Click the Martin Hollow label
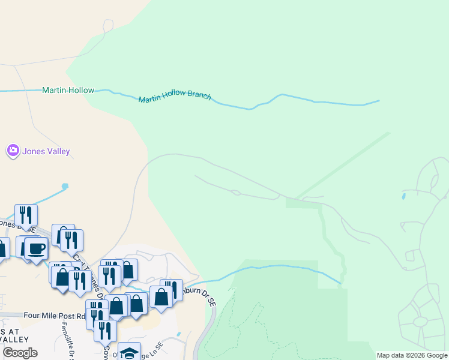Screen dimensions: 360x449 click(68, 90)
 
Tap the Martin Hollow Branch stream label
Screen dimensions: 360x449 click(175, 97)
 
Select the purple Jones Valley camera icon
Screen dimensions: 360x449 click(13, 151)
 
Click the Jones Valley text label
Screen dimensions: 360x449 click(46, 152)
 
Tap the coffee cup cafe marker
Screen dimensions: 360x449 click(35, 248)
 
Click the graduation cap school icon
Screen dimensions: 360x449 click(129, 353)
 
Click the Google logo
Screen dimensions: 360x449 click(20, 353)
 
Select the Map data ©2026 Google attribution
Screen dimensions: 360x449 click(412, 355)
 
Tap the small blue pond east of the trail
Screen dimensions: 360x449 click(403, 196)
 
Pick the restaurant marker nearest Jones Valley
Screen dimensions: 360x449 click(26, 215)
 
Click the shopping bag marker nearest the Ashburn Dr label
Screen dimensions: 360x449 click(161, 296)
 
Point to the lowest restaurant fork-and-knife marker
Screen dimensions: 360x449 click(106, 331)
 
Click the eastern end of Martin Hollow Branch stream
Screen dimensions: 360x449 click(379, 101)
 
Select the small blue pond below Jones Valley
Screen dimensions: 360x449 click(64, 186)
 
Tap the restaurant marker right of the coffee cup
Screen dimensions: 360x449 click(71, 241)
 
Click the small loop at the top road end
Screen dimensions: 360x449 click(108, 25)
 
